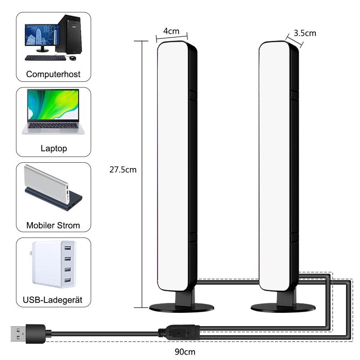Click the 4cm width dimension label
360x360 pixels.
(171, 31)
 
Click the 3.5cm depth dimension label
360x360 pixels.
(305, 33)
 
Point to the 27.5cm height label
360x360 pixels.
(123, 170)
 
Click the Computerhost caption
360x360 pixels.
(53, 75)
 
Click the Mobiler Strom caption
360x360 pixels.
(53, 226)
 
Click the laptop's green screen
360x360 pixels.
(53, 105)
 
